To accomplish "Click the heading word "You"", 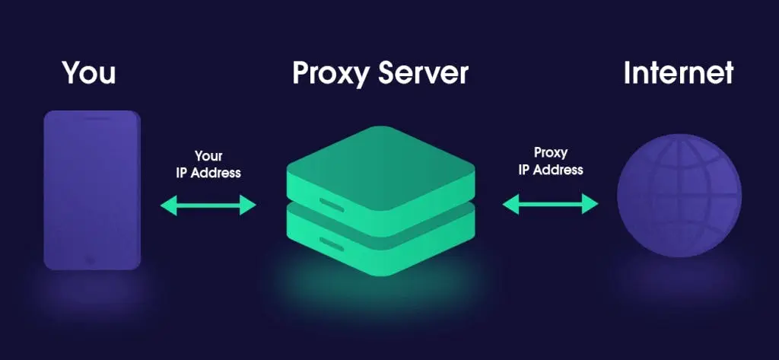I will coord(89,73).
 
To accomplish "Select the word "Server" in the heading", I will coord(426,73).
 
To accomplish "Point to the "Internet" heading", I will coord(678,73).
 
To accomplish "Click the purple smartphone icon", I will coord(92,190).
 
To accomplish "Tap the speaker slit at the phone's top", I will coord(92,119).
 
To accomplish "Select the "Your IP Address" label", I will coord(208,164).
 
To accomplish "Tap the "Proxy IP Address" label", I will coord(551,161).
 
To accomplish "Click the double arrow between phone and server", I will coord(208,204).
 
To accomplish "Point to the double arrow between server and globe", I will coord(551,203).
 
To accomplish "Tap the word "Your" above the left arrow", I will coord(208,156).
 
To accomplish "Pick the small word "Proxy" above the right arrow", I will coord(551,152).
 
